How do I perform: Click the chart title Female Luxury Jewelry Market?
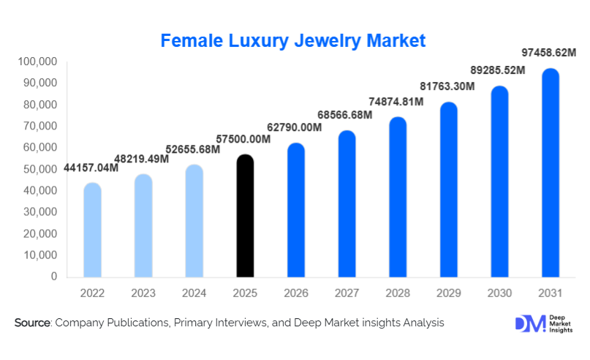click(292, 40)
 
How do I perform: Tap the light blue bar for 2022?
click(93, 230)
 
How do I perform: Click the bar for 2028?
click(398, 198)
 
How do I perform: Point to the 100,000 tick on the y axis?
click(36, 61)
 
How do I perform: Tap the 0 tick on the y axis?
click(54, 277)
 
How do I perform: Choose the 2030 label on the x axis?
click(499, 293)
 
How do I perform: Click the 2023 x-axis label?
click(143, 293)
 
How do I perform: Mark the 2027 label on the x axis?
click(347, 293)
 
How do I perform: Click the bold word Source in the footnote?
click(32, 323)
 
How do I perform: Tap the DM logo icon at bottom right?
click(530, 323)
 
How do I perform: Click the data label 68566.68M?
click(344, 115)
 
